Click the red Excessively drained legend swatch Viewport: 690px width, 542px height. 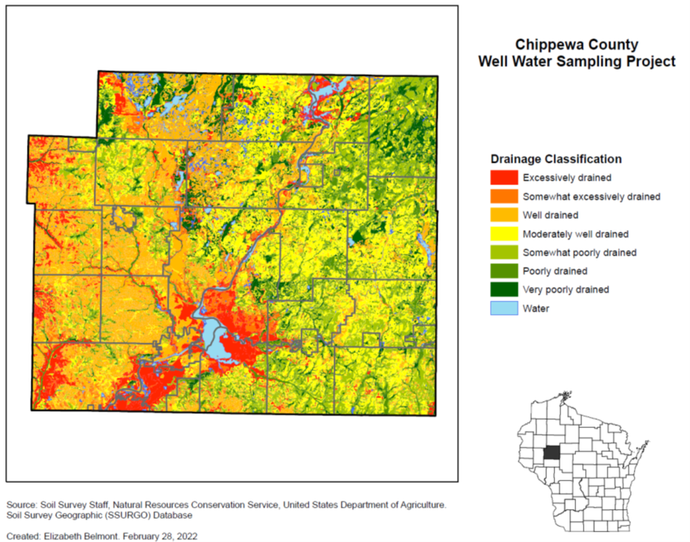[504, 178]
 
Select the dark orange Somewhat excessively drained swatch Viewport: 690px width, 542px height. [504, 196]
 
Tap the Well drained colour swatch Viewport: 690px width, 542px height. [504, 215]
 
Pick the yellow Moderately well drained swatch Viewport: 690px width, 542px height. [504, 234]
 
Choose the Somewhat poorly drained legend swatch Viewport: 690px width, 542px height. [504, 253]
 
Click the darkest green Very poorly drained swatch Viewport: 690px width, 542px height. [504, 289]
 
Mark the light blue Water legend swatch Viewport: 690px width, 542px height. [504, 308]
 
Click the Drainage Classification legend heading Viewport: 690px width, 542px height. [555, 159]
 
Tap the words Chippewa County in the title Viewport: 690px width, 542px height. [577, 44]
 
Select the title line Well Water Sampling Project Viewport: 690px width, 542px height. [577, 61]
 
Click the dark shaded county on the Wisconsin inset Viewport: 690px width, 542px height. [553, 454]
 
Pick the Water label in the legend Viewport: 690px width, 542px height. [536, 308]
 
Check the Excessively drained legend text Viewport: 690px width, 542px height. [567, 178]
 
